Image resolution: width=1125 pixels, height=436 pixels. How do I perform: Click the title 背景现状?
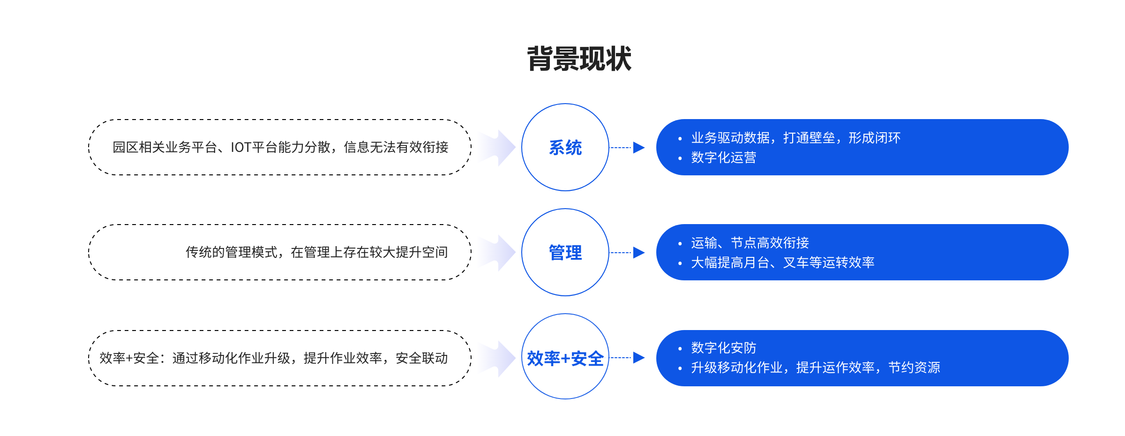coord(579,59)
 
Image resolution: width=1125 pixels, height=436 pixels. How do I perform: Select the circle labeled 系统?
coord(565,104)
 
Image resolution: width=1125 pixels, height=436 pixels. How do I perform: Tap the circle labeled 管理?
coord(565,209)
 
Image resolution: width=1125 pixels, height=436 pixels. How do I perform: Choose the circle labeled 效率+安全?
coord(565,314)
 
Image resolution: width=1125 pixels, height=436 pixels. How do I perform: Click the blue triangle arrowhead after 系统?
coord(639,148)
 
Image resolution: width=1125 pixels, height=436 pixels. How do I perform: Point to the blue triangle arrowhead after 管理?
coord(639,253)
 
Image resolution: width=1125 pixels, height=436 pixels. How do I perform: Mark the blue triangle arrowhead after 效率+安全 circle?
coord(639,358)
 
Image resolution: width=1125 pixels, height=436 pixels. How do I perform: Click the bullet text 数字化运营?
coord(724,158)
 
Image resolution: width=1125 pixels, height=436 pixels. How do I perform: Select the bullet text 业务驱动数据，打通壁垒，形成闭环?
coord(796,138)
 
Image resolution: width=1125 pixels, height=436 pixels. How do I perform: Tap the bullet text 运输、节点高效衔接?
coord(750,243)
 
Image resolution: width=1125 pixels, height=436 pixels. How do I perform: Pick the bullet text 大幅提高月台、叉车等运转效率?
coord(783,263)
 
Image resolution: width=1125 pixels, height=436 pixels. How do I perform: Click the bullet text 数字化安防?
coord(724,348)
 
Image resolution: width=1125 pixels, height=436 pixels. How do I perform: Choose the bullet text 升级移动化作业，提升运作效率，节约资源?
coord(816,368)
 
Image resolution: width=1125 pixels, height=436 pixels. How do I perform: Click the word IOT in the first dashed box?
coord(241,148)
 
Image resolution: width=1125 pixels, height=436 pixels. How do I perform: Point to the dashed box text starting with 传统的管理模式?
coord(317,252)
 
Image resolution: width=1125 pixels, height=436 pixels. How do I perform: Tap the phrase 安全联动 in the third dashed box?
coord(422,358)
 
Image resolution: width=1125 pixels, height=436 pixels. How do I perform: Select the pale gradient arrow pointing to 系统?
coord(497,148)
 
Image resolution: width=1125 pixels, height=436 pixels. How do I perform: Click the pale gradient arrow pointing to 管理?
coord(497,253)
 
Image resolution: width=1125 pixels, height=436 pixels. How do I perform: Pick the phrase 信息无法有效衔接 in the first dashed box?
coord(396,147)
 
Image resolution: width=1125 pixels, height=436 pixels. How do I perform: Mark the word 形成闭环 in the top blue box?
coord(875,138)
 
